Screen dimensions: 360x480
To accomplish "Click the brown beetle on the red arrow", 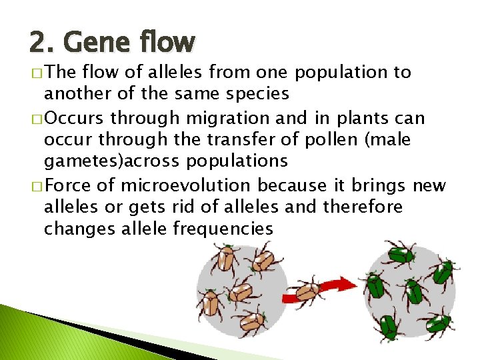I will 307,291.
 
